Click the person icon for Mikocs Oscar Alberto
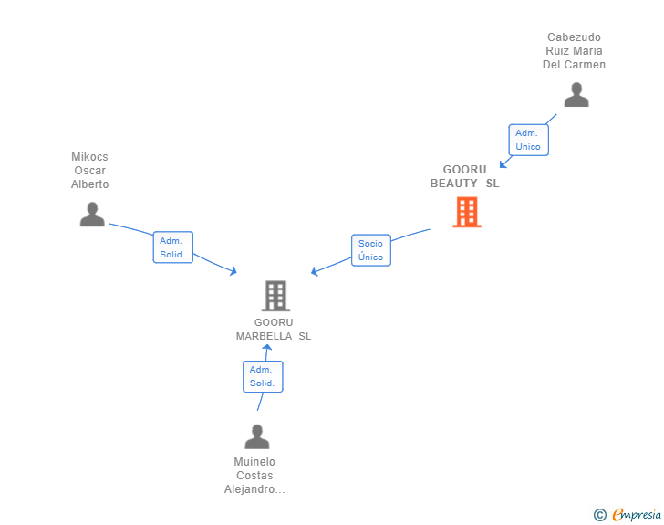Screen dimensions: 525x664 (92, 215)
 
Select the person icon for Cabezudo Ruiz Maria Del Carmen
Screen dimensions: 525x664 (576, 95)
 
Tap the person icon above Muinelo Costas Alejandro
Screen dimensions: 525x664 (256, 436)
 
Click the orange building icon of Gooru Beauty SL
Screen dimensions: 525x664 (466, 212)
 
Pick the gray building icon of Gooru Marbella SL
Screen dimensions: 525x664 (275, 296)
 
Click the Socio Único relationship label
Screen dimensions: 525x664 (371, 250)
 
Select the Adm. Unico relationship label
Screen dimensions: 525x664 (528, 140)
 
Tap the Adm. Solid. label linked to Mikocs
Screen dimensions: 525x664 (172, 247)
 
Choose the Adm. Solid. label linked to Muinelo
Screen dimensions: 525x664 (263, 376)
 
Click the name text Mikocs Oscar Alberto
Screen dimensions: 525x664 (90, 171)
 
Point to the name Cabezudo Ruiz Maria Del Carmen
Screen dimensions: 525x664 (576, 51)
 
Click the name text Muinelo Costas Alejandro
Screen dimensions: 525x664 (254, 476)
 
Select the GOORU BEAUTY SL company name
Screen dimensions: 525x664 (465, 176)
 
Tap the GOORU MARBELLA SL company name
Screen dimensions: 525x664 (274, 329)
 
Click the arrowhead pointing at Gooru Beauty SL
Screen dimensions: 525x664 (503, 164)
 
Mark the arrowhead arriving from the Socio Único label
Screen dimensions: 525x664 (315, 271)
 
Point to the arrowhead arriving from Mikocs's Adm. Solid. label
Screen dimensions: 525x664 (233, 270)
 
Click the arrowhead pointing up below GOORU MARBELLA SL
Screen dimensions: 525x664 (266, 348)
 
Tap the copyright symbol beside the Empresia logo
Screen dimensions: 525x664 (599, 516)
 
